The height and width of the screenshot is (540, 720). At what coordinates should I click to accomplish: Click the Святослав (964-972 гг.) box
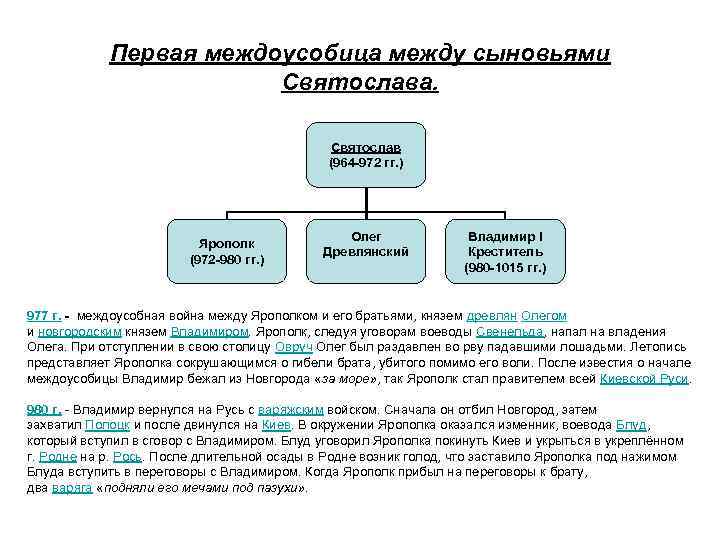pyautogui.click(x=366, y=154)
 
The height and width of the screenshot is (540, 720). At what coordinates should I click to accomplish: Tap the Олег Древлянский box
pyautogui.click(x=366, y=244)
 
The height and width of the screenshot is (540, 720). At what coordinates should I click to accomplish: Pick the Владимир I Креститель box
pyautogui.click(x=505, y=252)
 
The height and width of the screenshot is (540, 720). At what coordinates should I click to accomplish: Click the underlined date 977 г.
pyautogui.click(x=44, y=316)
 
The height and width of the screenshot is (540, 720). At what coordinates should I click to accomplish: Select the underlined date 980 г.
pyautogui.click(x=44, y=410)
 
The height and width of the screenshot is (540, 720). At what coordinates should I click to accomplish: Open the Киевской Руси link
pyautogui.click(x=645, y=379)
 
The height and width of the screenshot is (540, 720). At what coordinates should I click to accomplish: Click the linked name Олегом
pyautogui.click(x=544, y=316)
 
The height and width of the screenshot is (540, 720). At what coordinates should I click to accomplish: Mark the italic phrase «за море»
pyautogui.click(x=346, y=379)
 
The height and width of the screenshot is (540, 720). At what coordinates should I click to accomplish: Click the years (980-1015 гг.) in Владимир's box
pyautogui.click(x=505, y=268)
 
